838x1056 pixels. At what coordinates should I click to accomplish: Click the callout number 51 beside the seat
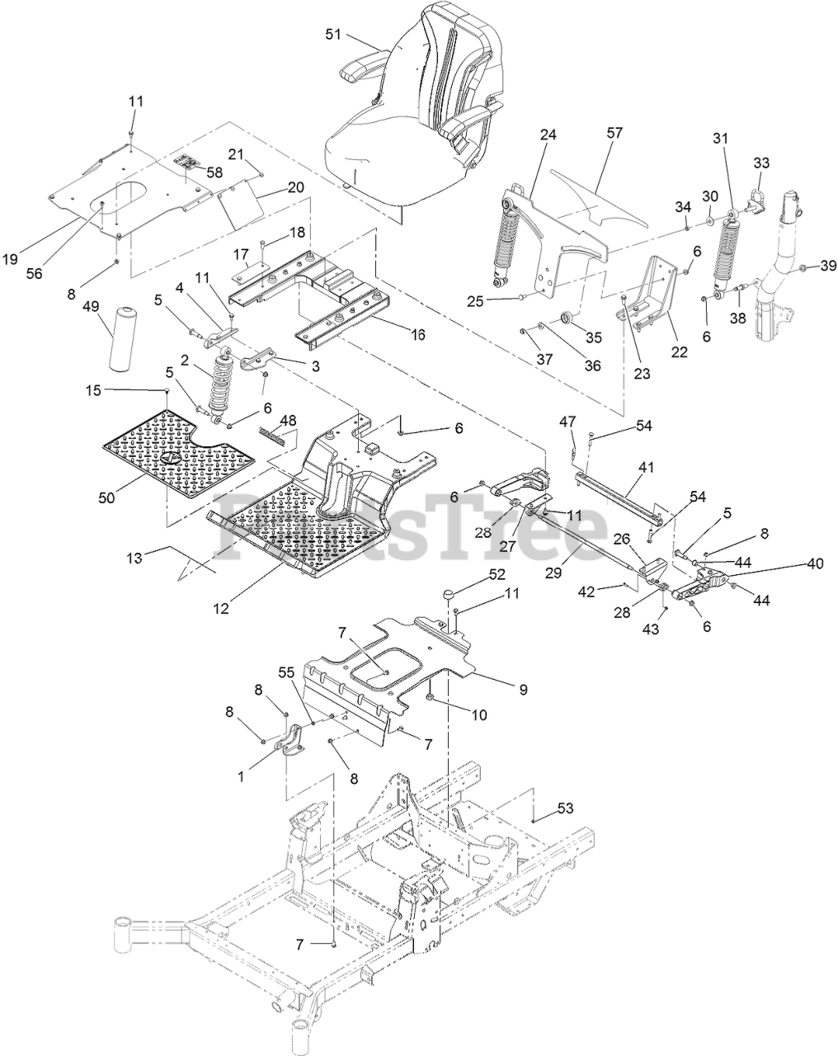coord(332,34)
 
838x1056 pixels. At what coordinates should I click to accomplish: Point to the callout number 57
coord(614,132)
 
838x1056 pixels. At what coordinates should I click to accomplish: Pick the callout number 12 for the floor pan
coord(221,609)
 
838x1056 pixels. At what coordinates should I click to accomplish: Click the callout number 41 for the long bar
coord(645,467)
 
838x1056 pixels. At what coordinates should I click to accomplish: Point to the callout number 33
coord(760,163)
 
